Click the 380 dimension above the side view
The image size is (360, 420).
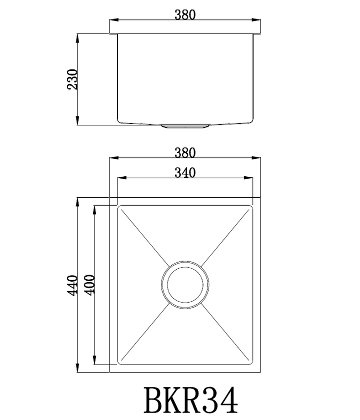tap(185, 14)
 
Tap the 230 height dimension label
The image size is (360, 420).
tap(73, 79)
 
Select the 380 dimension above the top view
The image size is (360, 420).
tap(185, 152)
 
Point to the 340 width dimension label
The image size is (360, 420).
tap(185, 172)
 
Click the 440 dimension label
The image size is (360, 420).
tap(73, 286)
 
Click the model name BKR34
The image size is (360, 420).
tap(190, 399)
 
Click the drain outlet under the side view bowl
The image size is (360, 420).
tap(185, 127)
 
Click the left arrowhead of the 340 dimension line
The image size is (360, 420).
tap(120, 178)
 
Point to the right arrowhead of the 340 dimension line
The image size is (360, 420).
tap(250, 178)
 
